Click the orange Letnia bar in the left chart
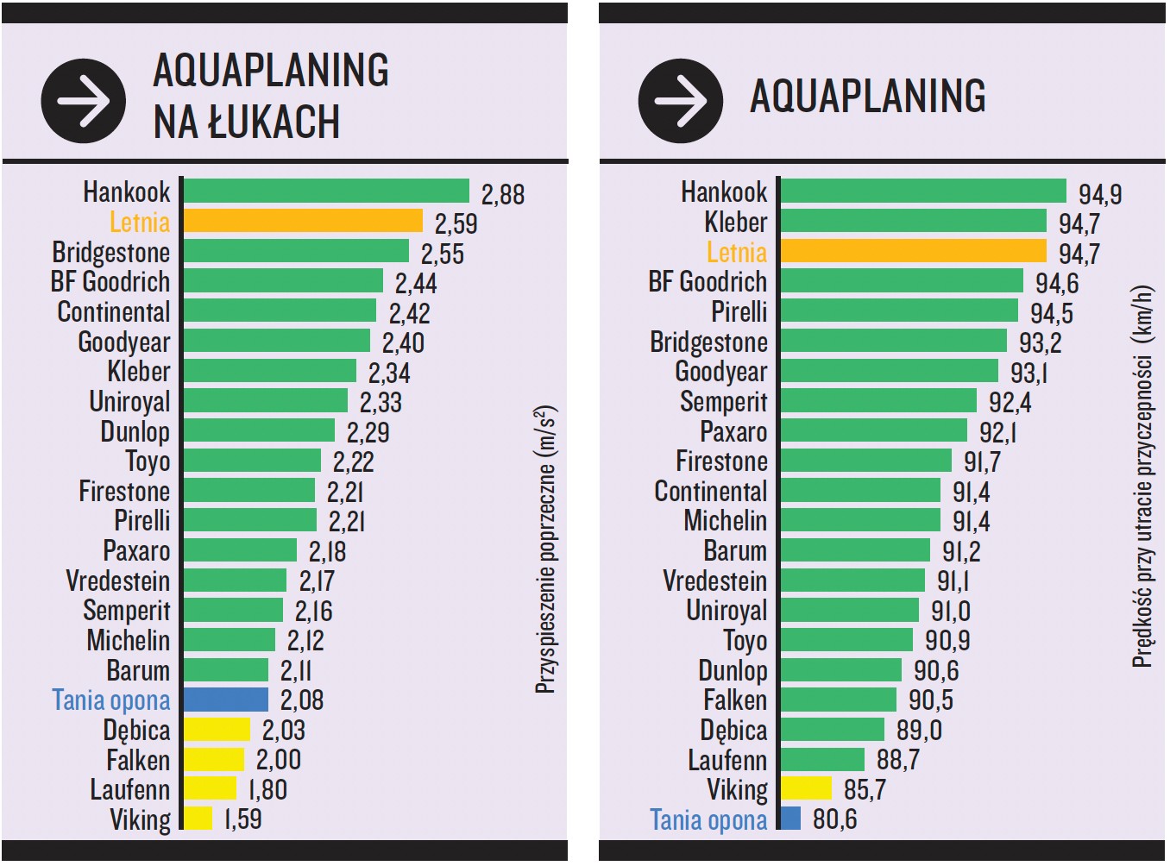click(x=303, y=221)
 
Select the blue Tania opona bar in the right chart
click(x=790, y=818)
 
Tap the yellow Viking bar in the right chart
click(x=806, y=788)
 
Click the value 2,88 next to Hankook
click(x=502, y=194)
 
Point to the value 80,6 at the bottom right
click(x=834, y=819)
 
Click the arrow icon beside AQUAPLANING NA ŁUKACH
click(x=84, y=101)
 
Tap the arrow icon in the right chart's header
click(x=681, y=101)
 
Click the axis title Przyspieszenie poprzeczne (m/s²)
click(x=545, y=549)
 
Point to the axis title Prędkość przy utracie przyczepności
click(x=1142, y=476)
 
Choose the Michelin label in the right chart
click(x=725, y=521)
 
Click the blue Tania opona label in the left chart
click(x=111, y=700)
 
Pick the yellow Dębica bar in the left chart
click(x=217, y=730)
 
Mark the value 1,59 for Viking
click(x=242, y=819)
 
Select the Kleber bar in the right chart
click(x=913, y=221)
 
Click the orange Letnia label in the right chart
click(x=736, y=252)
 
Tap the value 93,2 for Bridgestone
click(x=1040, y=342)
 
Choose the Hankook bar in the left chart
click(x=326, y=191)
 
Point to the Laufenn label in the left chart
click(x=129, y=789)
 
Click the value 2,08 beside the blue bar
click(x=302, y=700)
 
